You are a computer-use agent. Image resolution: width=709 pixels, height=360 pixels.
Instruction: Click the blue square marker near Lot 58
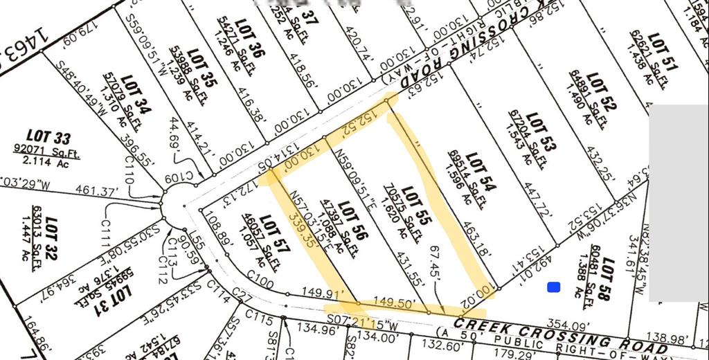coord(553,287)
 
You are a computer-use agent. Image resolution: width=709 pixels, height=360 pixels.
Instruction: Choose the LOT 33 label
coord(48,137)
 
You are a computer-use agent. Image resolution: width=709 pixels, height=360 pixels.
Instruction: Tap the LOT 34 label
coord(136,96)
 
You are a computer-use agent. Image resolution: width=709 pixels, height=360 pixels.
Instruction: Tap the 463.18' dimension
coord(477,240)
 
